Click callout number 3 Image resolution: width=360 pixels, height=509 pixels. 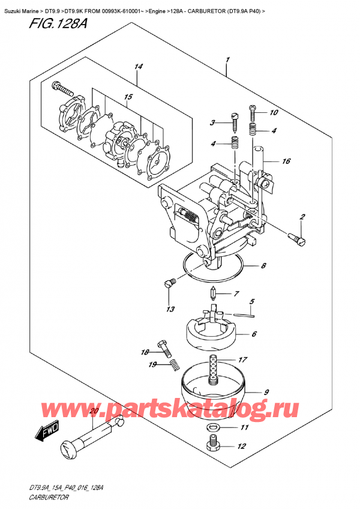click(x=212, y=123)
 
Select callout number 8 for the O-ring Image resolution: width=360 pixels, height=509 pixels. click(x=262, y=266)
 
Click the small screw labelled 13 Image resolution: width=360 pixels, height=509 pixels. click(x=169, y=282)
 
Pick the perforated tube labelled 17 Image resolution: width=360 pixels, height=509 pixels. click(x=212, y=367)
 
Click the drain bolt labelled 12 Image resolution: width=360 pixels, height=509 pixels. click(x=212, y=445)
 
